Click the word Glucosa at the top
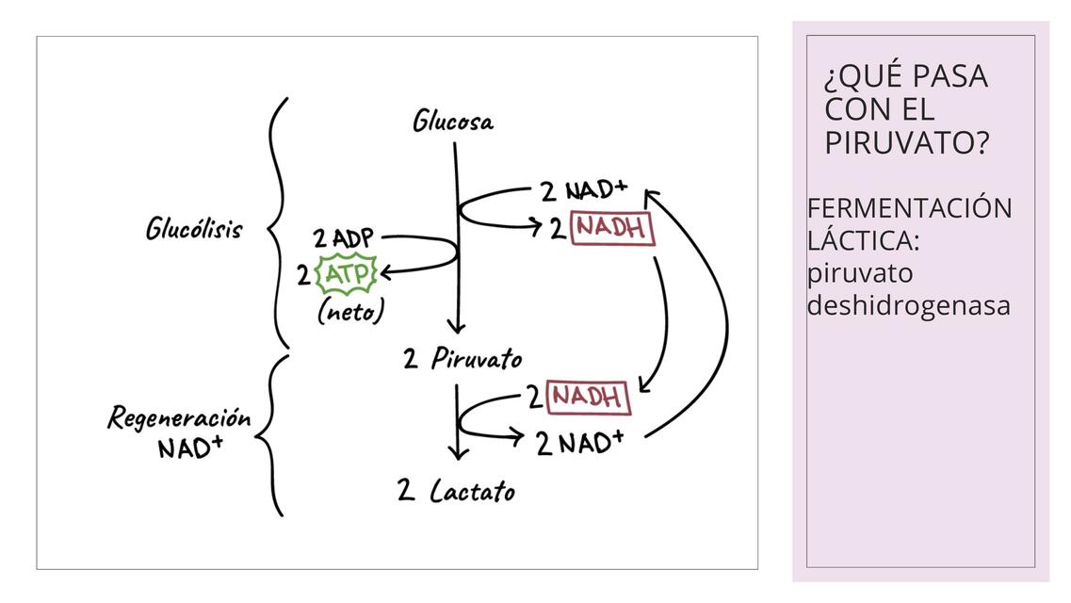[x=452, y=122]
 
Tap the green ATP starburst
[x=349, y=274]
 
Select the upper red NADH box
[x=612, y=228]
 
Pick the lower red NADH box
[x=587, y=397]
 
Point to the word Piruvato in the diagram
[x=476, y=359]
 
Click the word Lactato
[x=472, y=491]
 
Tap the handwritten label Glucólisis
[x=194, y=229]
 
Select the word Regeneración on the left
[x=179, y=417]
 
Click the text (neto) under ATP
[x=350, y=311]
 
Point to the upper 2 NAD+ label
[x=583, y=190]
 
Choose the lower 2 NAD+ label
[x=579, y=441]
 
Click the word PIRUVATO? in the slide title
[x=906, y=143]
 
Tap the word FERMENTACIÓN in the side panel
[x=909, y=207]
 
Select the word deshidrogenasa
[x=908, y=305]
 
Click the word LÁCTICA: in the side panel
[x=863, y=240]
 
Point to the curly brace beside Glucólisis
[x=277, y=224]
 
